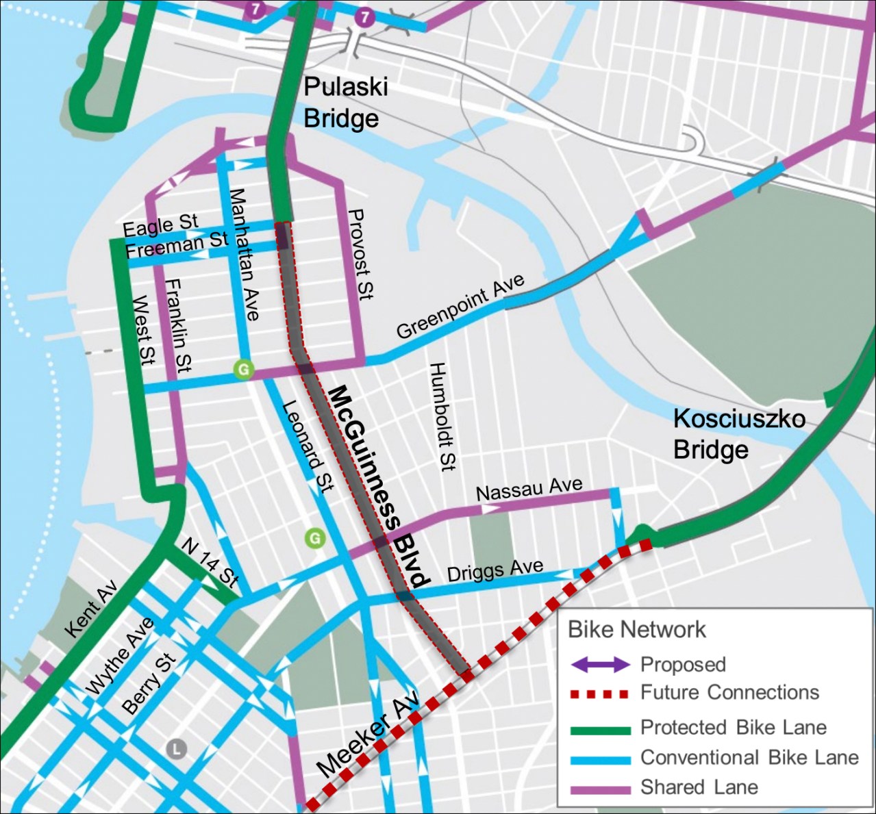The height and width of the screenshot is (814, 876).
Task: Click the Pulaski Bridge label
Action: (345, 103)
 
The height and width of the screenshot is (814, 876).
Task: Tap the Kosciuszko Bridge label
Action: (739, 433)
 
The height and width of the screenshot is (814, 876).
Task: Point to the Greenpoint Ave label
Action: (460, 306)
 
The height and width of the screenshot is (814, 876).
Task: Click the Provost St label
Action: (360, 254)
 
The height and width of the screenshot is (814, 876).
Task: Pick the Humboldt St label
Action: (442, 417)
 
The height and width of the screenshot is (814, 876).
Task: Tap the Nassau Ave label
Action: (529, 489)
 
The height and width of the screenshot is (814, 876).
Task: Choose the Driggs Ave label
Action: (495, 570)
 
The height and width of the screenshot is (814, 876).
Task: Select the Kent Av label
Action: (90, 609)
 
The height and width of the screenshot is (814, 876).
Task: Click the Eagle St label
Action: (160, 225)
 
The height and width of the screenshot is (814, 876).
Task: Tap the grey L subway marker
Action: (176, 748)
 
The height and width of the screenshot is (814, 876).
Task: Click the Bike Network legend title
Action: (636, 629)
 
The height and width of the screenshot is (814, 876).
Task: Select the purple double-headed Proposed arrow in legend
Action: (600, 664)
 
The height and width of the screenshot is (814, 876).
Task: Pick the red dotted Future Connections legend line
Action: (600, 694)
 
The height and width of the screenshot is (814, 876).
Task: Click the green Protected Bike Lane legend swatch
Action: (600, 729)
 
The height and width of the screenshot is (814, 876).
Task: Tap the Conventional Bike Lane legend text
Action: (749, 757)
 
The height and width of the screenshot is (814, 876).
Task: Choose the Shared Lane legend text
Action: (699, 787)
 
